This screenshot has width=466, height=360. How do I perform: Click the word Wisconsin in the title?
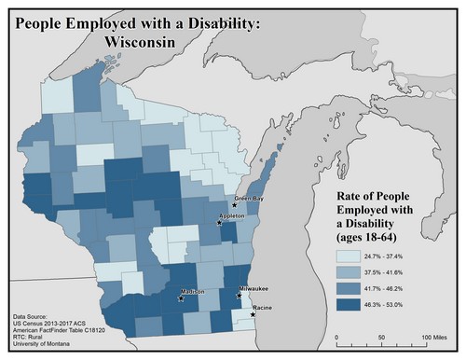click(x=147, y=42)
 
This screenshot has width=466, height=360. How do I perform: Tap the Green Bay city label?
click(x=248, y=198)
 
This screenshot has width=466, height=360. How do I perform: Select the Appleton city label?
click(x=231, y=215)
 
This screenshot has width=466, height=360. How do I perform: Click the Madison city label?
click(x=193, y=291)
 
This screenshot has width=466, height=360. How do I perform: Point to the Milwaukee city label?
click(x=254, y=290)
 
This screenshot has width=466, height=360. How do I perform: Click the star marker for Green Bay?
click(x=234, y=204)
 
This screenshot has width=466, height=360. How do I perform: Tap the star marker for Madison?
click(x=181, y=298)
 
